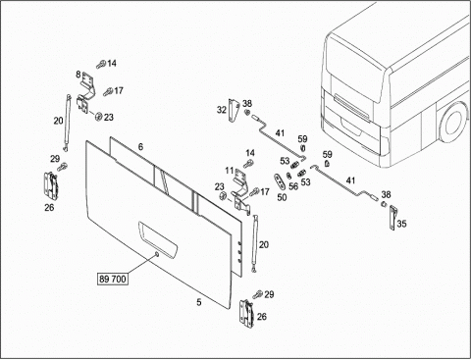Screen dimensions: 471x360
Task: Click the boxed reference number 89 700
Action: tap(112, 279)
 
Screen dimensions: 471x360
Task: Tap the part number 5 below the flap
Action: tap(199, 302)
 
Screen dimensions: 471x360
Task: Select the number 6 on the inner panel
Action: tap(140, 147)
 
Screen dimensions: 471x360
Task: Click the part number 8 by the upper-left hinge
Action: tap(78, 75)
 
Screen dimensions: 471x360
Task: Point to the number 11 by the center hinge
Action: tap(230, 171)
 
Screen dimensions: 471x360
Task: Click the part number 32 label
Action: tap(222, 110)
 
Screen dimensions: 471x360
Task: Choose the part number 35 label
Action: tap(401, 224)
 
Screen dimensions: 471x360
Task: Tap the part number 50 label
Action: tap(282, 197)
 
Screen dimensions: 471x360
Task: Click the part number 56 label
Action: tap(293, 186)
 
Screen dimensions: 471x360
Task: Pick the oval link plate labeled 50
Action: tap(280, 181)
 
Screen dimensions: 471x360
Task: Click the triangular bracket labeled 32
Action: tap(234, 110)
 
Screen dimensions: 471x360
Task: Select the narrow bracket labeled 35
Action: tap(392, 218)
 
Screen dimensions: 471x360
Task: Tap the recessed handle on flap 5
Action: tap(158, 238)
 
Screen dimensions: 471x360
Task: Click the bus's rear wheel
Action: tap(454, 122)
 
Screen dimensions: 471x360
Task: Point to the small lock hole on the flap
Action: tap(157, 254)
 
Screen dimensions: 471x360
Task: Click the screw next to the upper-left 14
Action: tap(101, 65)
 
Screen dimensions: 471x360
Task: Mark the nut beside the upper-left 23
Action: tap(97, 116)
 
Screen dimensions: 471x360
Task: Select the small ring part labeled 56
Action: tap(288, 176)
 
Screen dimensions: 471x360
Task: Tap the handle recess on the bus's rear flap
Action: tap(351, 127)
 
